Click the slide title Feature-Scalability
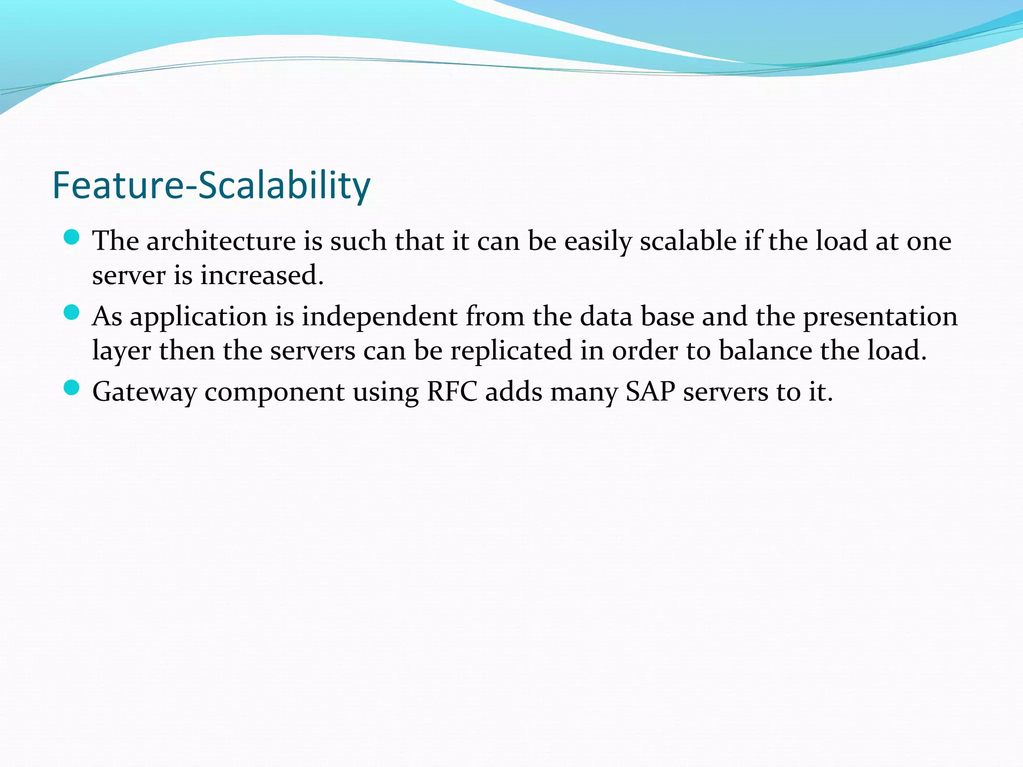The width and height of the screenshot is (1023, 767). pyautogui.click(x=211, y=185)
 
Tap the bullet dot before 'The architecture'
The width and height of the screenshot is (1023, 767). pyautogui.click(x=72, y=237)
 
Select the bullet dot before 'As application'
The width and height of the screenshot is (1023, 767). pyautogui.click(x=72, y=313)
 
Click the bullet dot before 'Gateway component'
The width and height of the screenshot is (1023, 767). pyautogui.click(x=72, y=387)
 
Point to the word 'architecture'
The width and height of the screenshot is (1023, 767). pyautogui.click(x=221, y=241)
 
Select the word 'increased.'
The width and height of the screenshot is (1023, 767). pyautogui.click(x=262, y=276)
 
